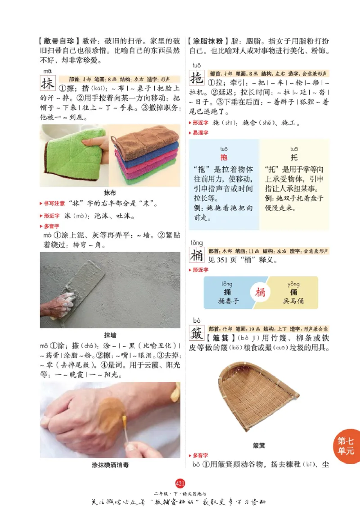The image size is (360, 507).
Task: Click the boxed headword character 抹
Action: [48, 84]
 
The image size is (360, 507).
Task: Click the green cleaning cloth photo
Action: [74, 154]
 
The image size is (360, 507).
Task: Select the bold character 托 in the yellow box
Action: [294, 158]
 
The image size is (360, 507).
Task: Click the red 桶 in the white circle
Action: [261, 292]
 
